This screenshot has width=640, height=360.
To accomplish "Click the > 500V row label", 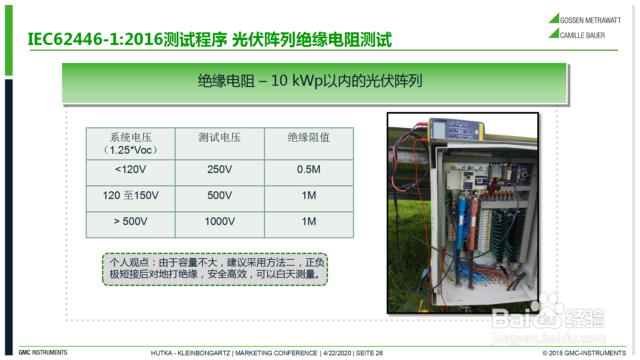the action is coord(130,222).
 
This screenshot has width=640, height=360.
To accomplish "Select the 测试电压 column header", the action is coord(220,137).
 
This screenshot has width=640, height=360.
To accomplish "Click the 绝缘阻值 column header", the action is coord(309,137).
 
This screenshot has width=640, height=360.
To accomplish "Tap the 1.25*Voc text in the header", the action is coord(131,150).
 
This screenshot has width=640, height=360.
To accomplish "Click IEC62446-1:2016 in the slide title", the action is coord(96,39).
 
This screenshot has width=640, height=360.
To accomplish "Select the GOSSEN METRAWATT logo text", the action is coord(590,21).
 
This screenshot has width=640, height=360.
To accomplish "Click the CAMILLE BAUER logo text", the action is coord(582,35).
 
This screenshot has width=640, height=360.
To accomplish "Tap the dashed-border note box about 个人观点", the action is coord(215,269).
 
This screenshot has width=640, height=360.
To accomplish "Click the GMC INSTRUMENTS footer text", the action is coord(43,353).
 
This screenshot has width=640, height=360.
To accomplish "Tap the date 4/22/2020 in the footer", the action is coord(337,353).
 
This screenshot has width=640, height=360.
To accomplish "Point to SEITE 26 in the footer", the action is coord(369,353).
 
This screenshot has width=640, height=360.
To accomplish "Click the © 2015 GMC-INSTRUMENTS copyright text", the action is coord(584,353).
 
